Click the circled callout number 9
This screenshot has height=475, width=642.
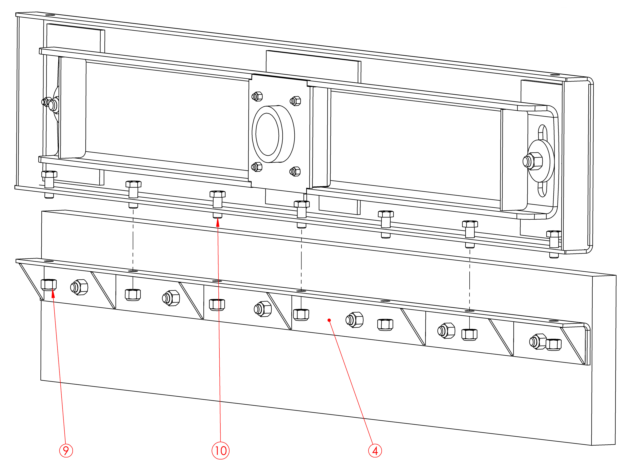click(66, 450)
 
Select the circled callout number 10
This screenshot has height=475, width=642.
click(220, 450)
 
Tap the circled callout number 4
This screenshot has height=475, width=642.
click(375, 450)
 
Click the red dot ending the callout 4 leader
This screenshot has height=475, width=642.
click(329, 320)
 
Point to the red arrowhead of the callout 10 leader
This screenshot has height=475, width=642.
click(218, 222)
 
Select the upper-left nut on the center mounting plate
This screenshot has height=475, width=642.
click(257, 96)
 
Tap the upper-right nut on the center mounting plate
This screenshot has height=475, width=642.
click(295, 101)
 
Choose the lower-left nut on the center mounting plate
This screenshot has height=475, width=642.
click(257, 167)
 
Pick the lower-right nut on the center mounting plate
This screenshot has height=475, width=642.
click(295, 171)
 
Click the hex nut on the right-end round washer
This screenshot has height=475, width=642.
click(533, 161)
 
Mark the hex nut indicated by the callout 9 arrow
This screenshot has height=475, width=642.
click(48, 284)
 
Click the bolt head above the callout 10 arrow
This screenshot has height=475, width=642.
click(218, 194)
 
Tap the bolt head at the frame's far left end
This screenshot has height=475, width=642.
click(49, 174)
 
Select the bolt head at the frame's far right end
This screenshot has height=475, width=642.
click(554, 234)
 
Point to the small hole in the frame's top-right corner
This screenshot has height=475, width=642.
click(555, 75)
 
